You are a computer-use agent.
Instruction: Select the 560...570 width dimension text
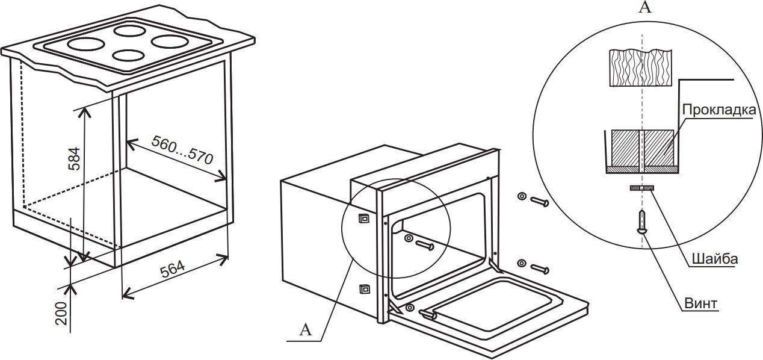182,151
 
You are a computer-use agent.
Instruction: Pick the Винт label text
701,303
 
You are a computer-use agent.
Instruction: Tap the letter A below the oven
306,329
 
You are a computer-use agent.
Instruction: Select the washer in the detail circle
642,188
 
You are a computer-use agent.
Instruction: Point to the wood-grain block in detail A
641,68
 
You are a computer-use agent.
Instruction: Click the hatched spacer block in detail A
642,149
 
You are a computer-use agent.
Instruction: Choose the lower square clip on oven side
363,290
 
